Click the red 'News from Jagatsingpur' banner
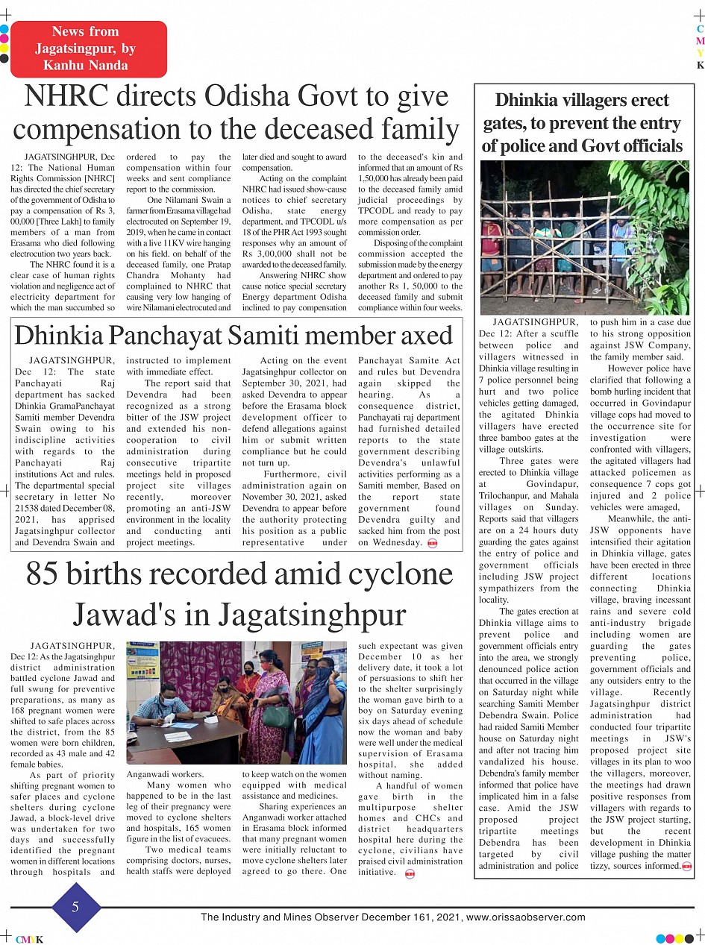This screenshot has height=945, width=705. pos(88,48)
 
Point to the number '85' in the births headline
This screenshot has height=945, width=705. pos(47,574)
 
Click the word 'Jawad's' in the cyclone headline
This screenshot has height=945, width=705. pos(125,615)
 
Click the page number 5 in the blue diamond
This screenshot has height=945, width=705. pos(75,907)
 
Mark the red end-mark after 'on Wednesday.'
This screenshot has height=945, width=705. pos(433,543)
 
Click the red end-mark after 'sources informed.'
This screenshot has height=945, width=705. pos(687,866)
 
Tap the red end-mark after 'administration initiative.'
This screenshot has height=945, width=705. pos(410,873)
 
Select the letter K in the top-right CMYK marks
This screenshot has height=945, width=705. pos(700,66)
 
